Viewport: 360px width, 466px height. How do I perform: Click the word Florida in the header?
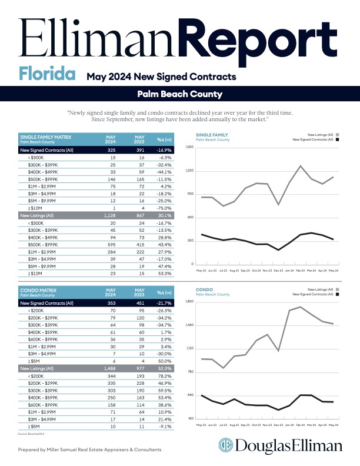click(x=46, y=75)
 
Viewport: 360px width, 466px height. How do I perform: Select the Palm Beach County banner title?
click(x=179, y=94)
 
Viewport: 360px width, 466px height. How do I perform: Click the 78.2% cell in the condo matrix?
click(x=164, y=375)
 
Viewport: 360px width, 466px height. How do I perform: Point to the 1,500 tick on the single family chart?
click(x=189, y=147)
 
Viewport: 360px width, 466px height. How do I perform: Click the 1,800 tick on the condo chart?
click(x=189, y=302)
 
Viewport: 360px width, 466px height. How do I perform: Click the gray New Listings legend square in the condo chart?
click(x=338, y=291)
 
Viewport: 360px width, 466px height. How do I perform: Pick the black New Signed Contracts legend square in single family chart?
click(x=338, y=140)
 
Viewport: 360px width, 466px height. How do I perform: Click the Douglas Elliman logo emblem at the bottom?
click(x=226, y=445)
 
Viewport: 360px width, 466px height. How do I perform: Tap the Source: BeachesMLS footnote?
click(x=32, y=433)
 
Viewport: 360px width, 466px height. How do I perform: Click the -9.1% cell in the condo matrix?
click(x=164, y=426)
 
